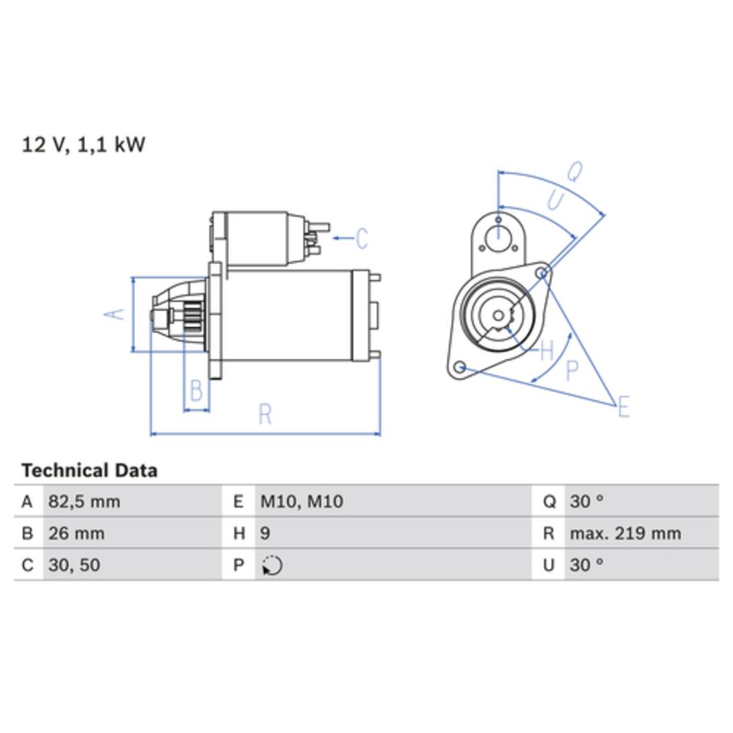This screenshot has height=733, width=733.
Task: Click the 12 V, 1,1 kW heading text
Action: [84, 144]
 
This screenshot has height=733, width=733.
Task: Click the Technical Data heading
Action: [89, 471]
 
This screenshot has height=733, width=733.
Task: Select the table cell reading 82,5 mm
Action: [84, 501]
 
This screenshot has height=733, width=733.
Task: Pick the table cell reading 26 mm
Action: [77, 534]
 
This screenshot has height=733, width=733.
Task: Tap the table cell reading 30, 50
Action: [74, 565]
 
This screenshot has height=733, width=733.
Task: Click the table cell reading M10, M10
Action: [302, 501]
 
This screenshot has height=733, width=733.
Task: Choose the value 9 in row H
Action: [265, 534]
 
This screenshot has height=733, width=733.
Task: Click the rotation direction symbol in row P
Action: [272, 565]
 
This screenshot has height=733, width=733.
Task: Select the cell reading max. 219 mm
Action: [625, 534]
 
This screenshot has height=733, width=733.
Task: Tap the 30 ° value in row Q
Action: [586, 501]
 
